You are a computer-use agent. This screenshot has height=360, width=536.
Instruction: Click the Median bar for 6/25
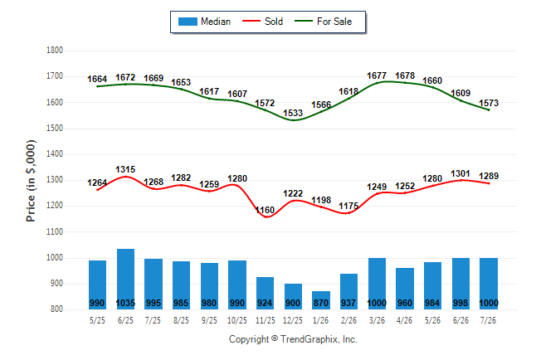click(x=125, y=279)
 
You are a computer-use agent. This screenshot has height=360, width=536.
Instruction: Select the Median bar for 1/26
click(x=321, y=300)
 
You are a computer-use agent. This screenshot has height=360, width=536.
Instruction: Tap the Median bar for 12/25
click(x=293, y=296)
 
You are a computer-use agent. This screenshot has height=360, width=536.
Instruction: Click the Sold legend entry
click(x=262, y=22)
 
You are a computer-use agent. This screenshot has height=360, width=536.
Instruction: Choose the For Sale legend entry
click(x=324, y=22)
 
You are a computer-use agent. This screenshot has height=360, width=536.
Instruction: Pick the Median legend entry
click(x=204, y=22)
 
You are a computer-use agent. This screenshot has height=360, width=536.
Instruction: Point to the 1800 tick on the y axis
click(x=55, y=51)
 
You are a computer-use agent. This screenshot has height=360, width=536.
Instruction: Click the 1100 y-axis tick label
click(x=55, y=231)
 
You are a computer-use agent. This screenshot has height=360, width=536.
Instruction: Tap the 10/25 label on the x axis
click(x=237, y=320)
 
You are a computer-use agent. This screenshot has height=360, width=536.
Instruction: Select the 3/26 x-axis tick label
click(x=377, y=320)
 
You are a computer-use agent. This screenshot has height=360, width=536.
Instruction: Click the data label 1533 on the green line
click(x=293, y=113)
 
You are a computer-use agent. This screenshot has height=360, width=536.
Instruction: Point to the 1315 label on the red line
click(x=125, y=169)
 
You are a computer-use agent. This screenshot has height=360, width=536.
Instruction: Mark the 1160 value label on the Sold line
click(x=265, y=210)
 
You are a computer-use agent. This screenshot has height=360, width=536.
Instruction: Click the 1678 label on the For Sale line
click(x=405, y=75)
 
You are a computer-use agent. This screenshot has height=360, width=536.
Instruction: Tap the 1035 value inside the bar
click(x=125, y=303)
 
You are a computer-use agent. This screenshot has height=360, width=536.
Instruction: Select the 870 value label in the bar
click(x=321, y=303)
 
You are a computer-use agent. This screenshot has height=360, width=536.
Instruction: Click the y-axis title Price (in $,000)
click(x=31, y=181)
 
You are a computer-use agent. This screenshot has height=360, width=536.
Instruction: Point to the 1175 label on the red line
click(x=348, y=206)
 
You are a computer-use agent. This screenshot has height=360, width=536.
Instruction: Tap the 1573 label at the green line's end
click(x=489, y=103)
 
